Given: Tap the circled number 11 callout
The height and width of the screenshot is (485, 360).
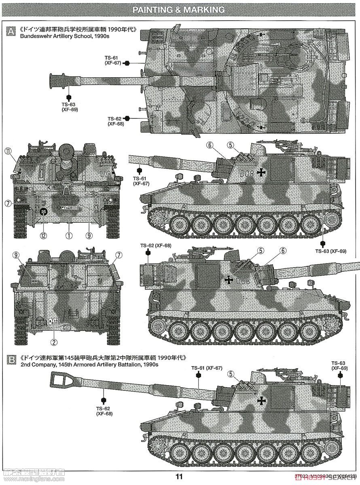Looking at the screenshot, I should point(8,152).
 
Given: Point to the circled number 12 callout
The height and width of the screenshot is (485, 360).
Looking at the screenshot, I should point(43,234).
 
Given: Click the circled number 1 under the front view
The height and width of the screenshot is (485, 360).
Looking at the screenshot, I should point(69,234).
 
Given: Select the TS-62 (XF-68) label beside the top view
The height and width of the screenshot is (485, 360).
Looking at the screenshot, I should point(115,121).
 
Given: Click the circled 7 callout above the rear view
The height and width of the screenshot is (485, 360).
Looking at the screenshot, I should point(119,255).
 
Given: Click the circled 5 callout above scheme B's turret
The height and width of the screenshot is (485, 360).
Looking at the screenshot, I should point(231,373).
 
